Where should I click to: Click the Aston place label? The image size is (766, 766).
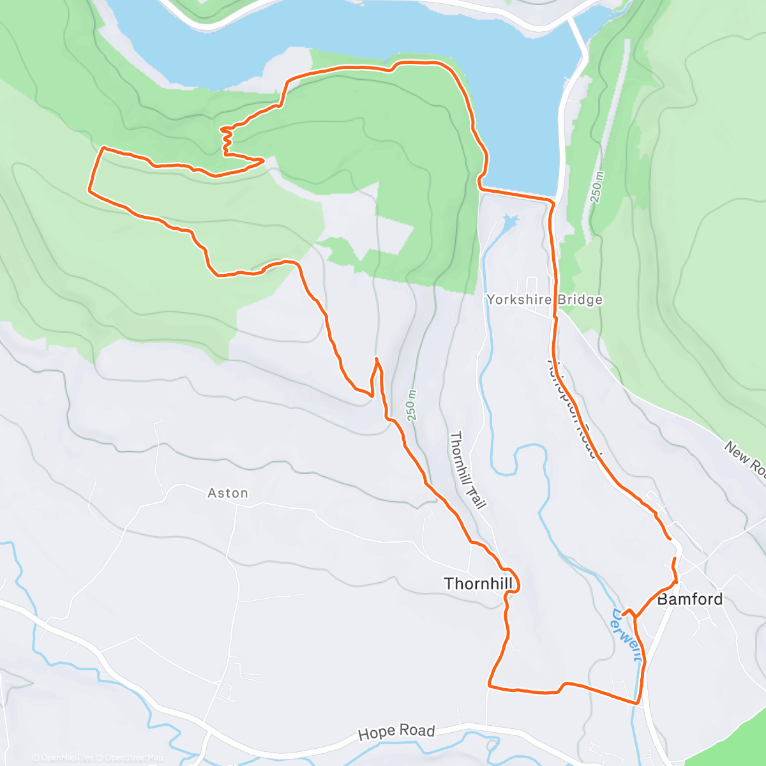tap(228, 493)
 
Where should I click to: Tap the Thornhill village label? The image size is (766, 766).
tap(477, 583)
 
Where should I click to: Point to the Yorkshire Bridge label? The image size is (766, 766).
tap(544, 299)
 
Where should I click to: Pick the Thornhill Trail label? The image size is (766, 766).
tap(468, 470)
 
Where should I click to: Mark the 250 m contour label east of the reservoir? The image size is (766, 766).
tap(597, 187)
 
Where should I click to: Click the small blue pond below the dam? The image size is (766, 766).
tap(509, 222)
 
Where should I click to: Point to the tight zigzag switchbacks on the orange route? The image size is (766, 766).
tap(225, 140)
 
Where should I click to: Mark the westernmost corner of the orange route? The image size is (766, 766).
tap(89, 189)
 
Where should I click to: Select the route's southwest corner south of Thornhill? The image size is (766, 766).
tap(490, 686)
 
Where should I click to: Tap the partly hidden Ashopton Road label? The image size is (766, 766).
tap(573, 409)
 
